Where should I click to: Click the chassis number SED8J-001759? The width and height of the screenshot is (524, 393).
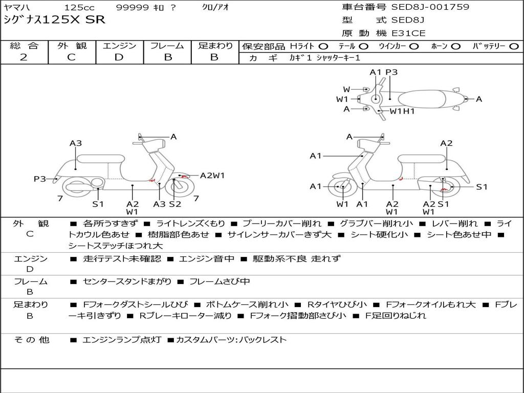click(430, 7)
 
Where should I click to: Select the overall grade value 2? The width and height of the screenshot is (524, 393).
click(24, 57)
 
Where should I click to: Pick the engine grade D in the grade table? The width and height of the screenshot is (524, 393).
click(119, 57)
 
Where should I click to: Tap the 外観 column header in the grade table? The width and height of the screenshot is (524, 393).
click(71, 46)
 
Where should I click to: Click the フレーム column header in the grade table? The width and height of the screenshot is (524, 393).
click(167, 46)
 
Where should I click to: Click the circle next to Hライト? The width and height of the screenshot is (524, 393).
click(323, 47)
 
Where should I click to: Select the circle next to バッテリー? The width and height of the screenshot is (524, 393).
click(514, 47)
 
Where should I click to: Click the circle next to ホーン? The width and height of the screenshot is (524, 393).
click(456, 47)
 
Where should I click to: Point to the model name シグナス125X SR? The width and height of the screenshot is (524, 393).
click(54, 20)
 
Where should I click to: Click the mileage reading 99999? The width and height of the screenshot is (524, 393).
click(133, 8)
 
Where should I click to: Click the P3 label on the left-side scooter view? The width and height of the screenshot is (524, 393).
click(40, 179)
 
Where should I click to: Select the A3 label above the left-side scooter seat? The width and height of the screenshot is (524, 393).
click(76, 143)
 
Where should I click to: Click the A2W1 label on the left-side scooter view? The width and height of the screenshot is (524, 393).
click(212, 176)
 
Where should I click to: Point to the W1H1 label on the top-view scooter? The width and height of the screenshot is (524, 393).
click(402, 111)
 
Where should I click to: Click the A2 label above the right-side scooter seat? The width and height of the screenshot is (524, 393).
click(446, 143)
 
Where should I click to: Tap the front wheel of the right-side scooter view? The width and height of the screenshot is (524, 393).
click(342, 187)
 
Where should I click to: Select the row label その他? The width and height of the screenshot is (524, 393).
click(31, 340)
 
